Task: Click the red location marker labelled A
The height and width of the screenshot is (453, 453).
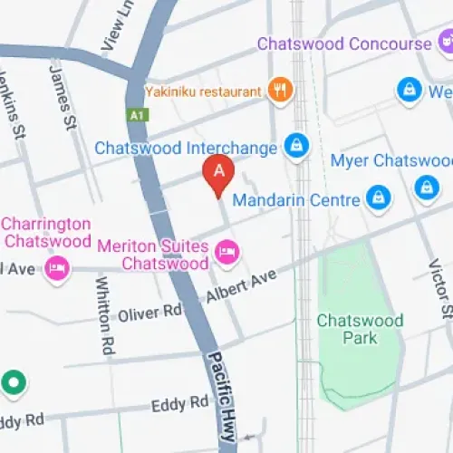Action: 217,172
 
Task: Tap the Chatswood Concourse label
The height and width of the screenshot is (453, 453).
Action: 343,44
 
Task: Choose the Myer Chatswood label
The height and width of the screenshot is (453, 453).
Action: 390,161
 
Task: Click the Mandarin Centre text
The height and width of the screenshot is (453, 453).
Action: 296,199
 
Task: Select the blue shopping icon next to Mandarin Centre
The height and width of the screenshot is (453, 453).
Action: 378,197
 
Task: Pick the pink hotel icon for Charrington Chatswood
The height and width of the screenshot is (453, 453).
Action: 58,268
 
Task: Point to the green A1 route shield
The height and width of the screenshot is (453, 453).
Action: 137,116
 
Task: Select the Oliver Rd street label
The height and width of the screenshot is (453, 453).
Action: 149,313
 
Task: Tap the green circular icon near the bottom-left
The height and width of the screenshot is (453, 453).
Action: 14,384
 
